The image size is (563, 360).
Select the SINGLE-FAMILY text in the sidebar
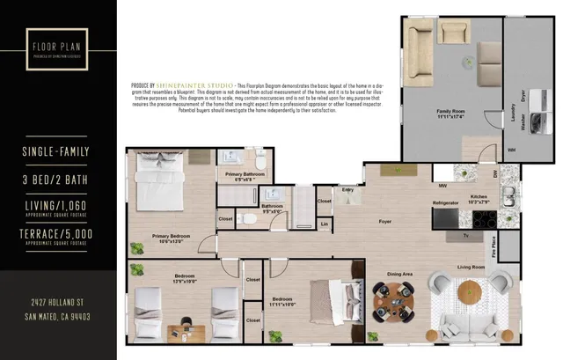pyautogui.click(x=56, y=152)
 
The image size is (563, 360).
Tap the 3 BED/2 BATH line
pyautogui.click(x=56, y=180)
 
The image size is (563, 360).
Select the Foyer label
pyautogui.click(x=384, y=222)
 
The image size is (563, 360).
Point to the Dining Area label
pyautogui.click(x=401, y=275)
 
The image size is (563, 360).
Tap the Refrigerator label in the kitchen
pyautogui.click(x=445, y=203)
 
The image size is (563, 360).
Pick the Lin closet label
pyautogui.click(x=325, y=224)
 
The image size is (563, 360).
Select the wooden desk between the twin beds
pyautogui.click(x=186, y=331)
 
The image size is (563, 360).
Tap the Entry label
pyautogui.click(x=348, y=189)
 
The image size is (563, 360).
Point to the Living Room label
pyautogui.click(x=472, y=267)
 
